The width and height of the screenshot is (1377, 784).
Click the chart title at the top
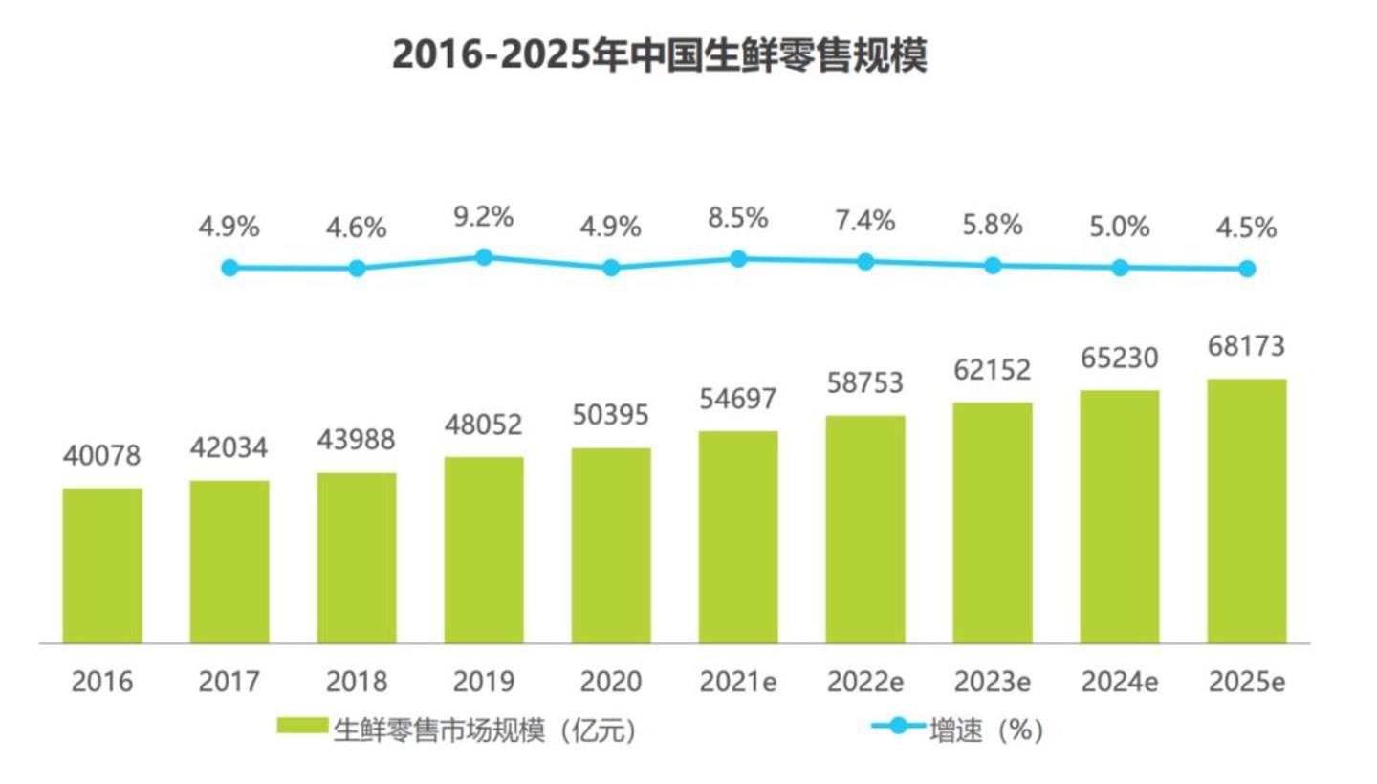[660, 55]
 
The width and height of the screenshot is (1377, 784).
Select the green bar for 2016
[102, 565]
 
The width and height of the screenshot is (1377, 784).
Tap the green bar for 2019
[484, 550]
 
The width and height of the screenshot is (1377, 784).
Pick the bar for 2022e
[865, 529]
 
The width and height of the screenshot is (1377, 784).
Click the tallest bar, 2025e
[1247, 511]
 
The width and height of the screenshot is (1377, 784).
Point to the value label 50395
[611, 415]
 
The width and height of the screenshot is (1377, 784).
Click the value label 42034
[229, 446]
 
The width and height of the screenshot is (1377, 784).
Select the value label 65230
[1120, 358]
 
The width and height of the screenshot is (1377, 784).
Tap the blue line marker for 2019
[484, 257]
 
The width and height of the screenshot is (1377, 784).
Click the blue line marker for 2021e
[738, 258]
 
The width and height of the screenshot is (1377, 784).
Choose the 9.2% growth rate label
[484, 218]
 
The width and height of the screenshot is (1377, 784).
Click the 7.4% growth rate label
[865, 222]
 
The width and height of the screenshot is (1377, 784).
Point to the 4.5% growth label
[1247, 229]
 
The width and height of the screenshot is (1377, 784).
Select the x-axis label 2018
[357, 683]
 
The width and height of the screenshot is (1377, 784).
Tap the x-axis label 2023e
[993, 683]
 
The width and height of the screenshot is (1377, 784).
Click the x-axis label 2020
[611, 683]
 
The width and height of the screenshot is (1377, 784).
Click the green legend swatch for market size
[302, 729]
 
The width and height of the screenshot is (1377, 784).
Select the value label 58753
[865, 382]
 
